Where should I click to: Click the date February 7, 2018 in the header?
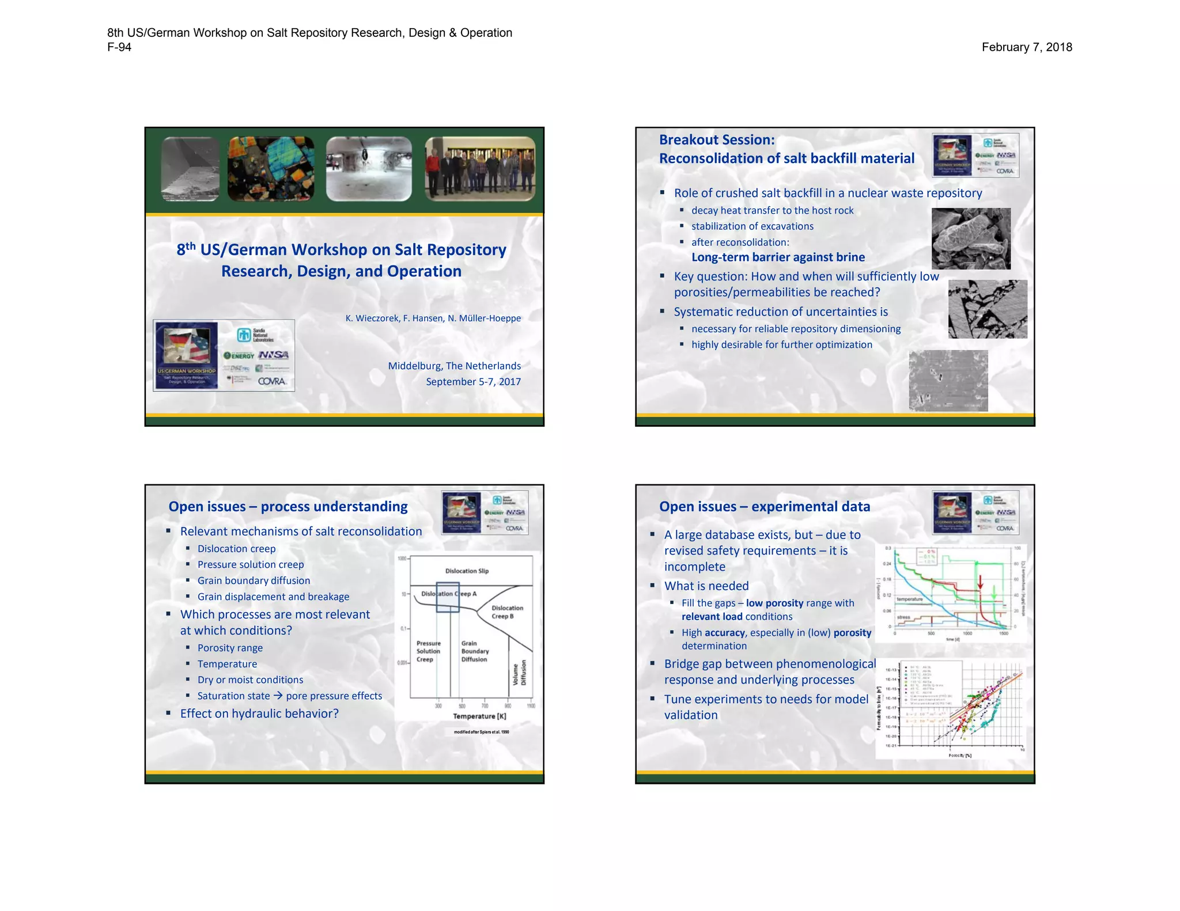tap(1026, 47)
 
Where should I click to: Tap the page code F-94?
tap(119, 47)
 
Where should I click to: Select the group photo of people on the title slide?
tap(480, 169)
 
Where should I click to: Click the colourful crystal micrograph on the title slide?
tap(271, 169)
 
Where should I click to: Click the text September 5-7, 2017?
tap(473, 381)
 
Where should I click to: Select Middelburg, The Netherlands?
tap(454, 366)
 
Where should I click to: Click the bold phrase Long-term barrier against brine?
tap(778, 257)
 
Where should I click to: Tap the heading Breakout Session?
tap(717, 140)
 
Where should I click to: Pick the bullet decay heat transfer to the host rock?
tap(772, 211)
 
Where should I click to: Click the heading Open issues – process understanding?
tap(288, 507)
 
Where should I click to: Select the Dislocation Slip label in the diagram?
tap(467, 571)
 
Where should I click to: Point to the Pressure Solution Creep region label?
tap(428, 651)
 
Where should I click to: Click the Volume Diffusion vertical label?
tap(520, 673)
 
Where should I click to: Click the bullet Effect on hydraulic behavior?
tap(259, 713)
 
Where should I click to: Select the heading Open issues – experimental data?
tap(764, 507)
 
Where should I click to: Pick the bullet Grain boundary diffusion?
tap(254, 580)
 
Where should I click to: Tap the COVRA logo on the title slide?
tap(272, 381)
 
